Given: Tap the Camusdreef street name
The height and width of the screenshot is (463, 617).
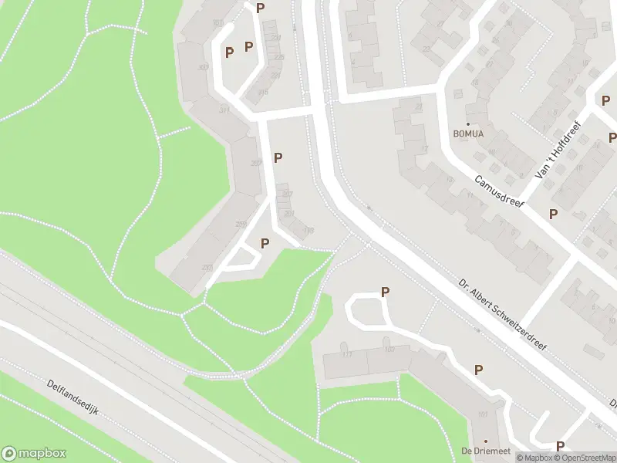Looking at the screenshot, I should pyautogui.click(x=499, y=189).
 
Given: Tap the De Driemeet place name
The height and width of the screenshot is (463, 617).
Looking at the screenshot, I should pyautogui.click(x=477, y=451).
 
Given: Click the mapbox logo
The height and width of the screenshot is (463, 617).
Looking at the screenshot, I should pyautogui.click(x=34, y=453).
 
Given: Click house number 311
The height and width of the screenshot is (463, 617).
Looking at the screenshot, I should pyautogui.click(x=224, y=110).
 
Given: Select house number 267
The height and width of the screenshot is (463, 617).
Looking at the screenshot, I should pyautogui.click(x=257, y=162).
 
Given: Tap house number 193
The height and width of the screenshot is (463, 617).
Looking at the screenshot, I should pyautogui.click(x=308, y=229).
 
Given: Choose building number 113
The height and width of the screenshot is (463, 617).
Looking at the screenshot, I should pyautogui.click(x=346, y=353).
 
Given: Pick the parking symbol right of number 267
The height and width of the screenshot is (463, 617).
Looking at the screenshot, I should pyautogui.click(x=278, y=157).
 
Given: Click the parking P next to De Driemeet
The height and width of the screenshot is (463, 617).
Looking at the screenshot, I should pyautogui.click(x=560, y=445).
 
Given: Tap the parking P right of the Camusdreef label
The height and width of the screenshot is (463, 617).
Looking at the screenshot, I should pyautogui.click(x=553, y=214).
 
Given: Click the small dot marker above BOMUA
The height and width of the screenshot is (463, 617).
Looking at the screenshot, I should pyautogui.click(x=467, y=123).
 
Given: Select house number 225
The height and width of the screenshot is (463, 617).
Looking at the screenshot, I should pyautogui.click(x=278, y=57).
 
